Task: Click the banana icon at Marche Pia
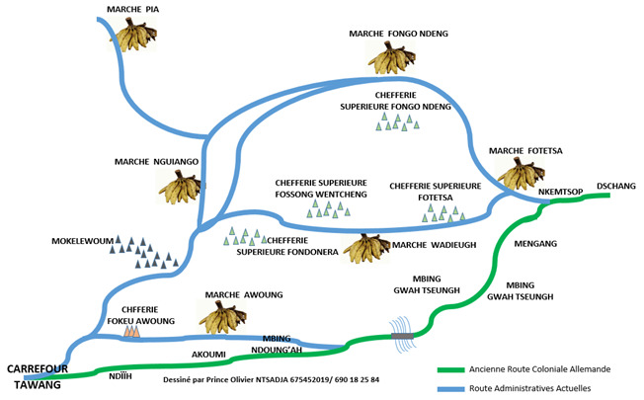pos(138,37)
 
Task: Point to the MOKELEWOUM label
pos(82,241)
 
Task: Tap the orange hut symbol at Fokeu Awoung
pos(131,334)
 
